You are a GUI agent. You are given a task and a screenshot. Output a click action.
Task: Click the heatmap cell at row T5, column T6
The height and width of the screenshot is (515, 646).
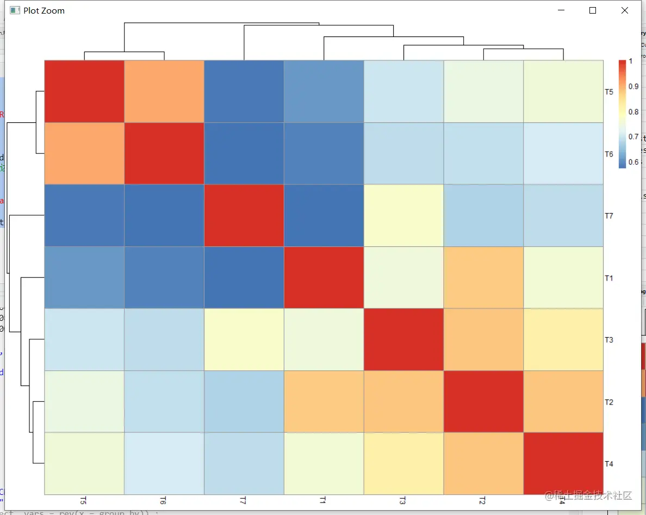click(164, 91)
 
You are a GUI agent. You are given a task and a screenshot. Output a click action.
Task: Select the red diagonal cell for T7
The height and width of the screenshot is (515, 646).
click(244, 215)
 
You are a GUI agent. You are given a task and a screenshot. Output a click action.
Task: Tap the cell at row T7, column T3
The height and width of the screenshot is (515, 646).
click(403, 215)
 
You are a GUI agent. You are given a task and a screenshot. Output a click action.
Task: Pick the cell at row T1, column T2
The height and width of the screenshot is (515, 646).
click(483, 277)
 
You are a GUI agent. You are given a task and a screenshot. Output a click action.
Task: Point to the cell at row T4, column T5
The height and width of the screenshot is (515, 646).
click(84, 463)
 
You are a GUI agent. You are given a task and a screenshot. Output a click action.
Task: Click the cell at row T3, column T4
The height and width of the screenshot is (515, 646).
click(563, 339)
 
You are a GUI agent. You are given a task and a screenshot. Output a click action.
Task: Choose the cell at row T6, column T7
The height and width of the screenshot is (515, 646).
click(244, 153)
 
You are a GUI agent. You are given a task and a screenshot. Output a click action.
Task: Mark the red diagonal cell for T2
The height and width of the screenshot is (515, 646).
click(483, 401)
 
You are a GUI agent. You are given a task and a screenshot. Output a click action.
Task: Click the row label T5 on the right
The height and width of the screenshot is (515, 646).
click(609, 92)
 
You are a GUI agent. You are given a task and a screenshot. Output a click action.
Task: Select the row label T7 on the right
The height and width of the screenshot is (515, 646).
click(609, 216)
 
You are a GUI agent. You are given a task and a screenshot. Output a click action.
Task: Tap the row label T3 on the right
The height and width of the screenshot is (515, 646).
click(609, 340)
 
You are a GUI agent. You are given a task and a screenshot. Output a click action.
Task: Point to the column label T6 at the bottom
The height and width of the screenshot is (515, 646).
click(164, 500)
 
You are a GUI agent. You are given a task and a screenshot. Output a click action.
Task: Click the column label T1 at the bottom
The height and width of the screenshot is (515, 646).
click(324, 500)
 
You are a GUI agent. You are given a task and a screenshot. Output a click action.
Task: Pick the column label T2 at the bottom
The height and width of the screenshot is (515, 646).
click(483, 500)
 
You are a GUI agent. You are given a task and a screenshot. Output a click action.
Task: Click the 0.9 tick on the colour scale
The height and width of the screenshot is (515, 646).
click(633, 86)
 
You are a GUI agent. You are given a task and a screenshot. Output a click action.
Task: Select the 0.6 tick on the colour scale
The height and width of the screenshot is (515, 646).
click(633, 162)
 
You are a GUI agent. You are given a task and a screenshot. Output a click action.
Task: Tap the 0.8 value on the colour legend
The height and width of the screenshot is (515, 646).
click(633, 112)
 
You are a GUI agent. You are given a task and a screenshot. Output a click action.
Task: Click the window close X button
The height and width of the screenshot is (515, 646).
click(625, 10)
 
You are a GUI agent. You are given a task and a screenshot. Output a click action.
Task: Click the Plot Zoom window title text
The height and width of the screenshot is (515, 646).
click(44, 10)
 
